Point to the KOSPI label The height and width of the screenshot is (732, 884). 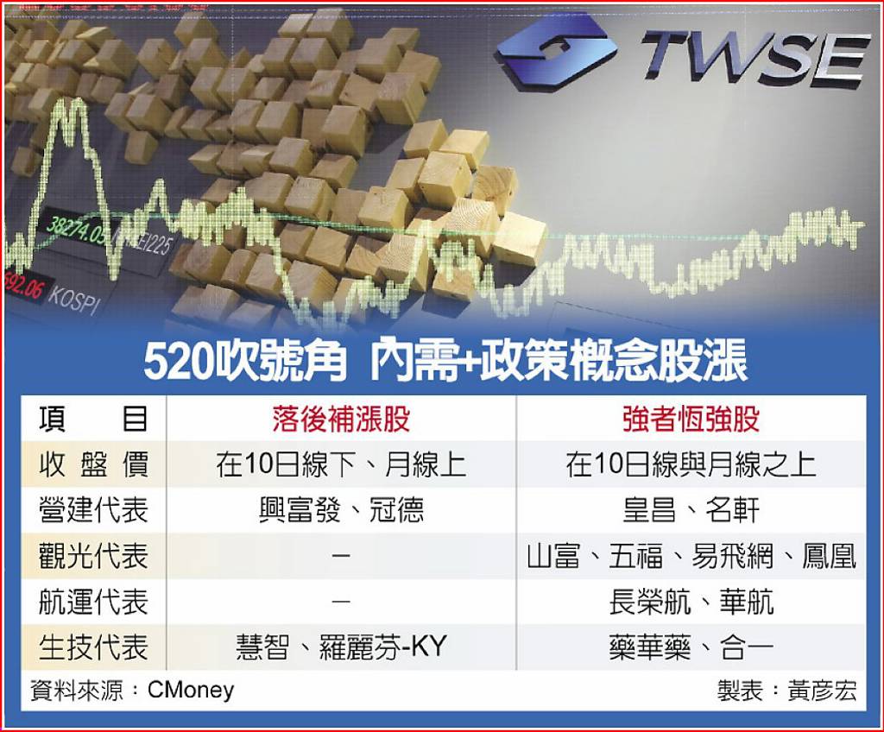(73, 300)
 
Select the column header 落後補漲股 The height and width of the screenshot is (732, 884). (341, 419)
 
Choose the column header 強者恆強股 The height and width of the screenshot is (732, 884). (691, 419)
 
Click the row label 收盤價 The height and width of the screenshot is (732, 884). (93, 465)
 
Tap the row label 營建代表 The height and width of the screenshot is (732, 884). (93, 511)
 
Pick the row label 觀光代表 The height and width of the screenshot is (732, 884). (93, 556)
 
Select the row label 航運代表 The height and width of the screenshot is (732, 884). (93, 601)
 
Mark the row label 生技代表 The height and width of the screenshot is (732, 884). (93, 647)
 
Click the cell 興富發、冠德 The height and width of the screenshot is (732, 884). (341, 511)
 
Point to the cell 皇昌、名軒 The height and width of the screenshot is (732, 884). (691, 511)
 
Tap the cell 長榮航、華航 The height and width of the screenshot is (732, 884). (691, 601)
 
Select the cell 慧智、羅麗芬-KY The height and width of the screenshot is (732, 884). (341, 647)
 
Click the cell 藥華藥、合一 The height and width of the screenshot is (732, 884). (691, 647)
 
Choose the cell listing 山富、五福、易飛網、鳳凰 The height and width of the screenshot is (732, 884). (691, 556)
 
